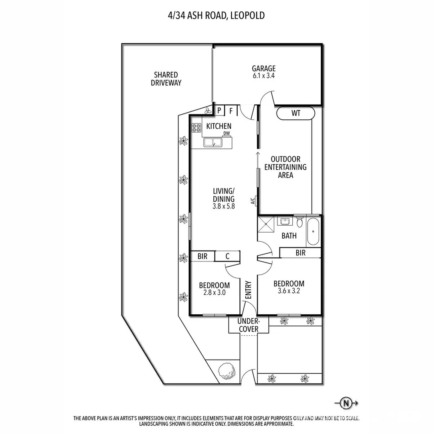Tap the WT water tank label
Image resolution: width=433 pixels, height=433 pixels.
[x=296, y=113]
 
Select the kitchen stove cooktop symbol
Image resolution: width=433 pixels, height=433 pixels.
[x=196, y=128]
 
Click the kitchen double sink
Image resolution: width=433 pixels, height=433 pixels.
[x=212, y=142]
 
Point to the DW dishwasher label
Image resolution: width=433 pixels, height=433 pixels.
[x=227, y=134]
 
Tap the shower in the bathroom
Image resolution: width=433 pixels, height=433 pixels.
[x=266, y=225]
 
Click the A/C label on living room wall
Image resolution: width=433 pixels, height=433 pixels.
[x=253, y=201]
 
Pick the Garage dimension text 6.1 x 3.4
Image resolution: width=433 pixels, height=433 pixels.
[x=263, y=75]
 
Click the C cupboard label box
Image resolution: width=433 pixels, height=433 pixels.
[x=227, y=257]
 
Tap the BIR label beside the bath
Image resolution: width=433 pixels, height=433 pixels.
[x=300, y=253]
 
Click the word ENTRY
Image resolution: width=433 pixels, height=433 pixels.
[x=248, y=289]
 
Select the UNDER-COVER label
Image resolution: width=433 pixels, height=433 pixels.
[x=249, y=325]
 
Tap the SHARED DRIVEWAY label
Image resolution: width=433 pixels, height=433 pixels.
[x=166, y=79]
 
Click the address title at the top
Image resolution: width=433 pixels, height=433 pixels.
[x=216, y=16]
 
